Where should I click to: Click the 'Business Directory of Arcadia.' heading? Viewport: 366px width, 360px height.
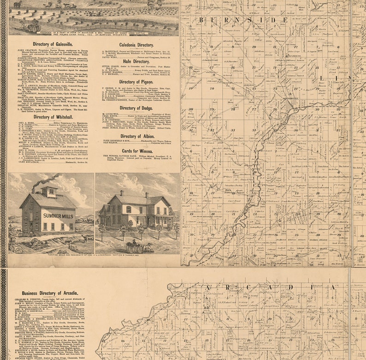(x=49, y=293)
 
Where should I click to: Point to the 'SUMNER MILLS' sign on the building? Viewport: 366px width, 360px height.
(x=58, y=216)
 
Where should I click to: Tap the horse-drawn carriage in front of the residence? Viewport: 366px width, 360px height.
(x=138, y=247)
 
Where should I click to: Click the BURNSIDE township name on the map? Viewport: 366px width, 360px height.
(x=243, y=20)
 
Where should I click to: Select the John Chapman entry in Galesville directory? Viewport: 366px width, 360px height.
(x=51, y=52)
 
